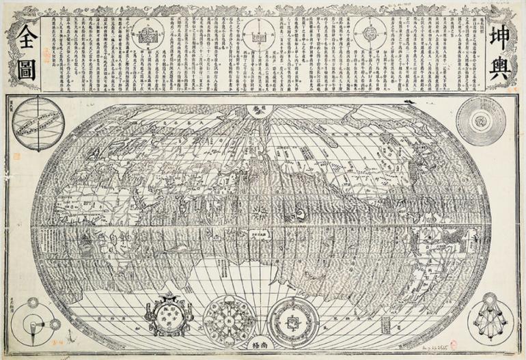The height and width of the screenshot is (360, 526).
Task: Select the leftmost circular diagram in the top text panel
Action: [x=146, y=35]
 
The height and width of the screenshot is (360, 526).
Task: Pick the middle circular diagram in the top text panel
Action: [x=258, y=34]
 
